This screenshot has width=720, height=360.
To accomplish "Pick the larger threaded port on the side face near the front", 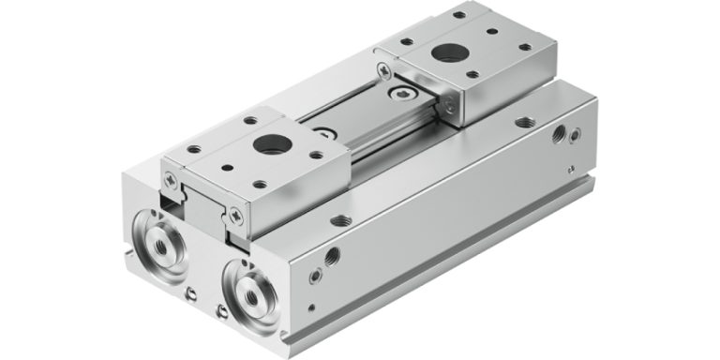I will click(331, 255).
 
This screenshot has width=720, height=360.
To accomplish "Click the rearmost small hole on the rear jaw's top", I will click(458, 15).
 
